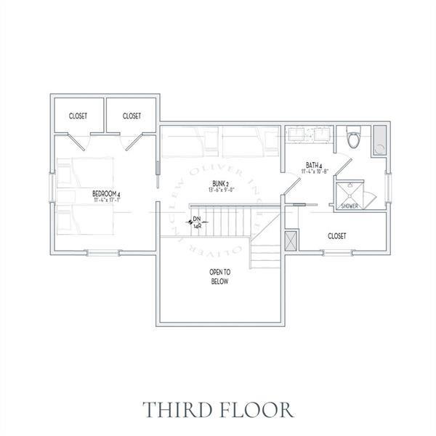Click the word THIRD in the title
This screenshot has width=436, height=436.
(174, 409)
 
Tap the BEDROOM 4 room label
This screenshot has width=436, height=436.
(106, 193)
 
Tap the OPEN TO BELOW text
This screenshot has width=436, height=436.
(219, 276)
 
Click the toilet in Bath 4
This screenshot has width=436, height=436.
(354, 137)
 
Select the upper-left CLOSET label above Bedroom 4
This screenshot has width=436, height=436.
(79, 116)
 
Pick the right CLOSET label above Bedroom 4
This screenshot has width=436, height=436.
(132, 116)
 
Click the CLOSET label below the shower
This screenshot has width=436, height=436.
(336, 236)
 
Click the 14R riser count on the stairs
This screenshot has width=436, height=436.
(197, 226)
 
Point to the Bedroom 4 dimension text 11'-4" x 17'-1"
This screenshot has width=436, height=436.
(106, 201)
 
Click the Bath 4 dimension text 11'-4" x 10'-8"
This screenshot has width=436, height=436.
(315, 172)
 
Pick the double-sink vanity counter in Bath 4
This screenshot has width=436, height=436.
(309, 134)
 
